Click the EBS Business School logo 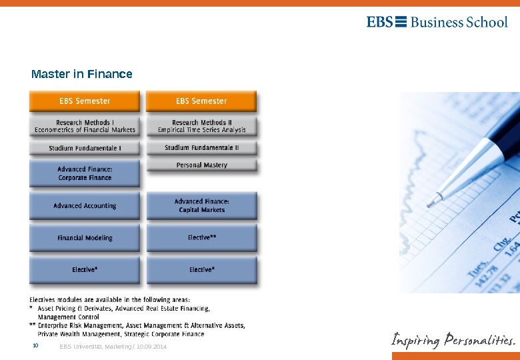(437, 22)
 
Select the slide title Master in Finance (81, 74)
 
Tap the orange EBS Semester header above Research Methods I (85, 101)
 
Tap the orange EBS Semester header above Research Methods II (201, 101)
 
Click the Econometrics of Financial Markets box (85, 127)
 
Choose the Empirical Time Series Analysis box (201, 127)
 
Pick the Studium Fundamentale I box (85, 148)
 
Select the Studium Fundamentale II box (201, 147)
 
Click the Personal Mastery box (201, 165)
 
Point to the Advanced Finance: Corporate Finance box (85, 174)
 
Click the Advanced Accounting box (85, 206)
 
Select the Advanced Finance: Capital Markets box (201, 205)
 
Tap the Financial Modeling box (85, 238)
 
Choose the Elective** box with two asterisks (201, 237)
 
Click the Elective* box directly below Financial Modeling (85, 270)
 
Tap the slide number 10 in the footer (36, 346)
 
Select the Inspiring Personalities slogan (453, 340)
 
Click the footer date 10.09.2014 (151, 347)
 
